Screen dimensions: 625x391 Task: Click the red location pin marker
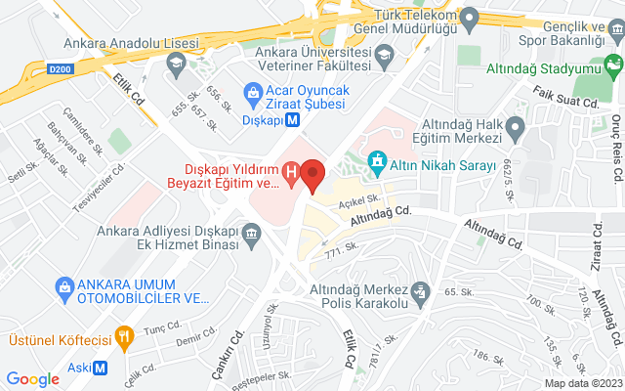click(312, 174)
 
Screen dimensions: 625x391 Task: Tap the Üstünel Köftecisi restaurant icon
click(123, 339)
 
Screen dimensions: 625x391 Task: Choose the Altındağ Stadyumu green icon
click(613, 66)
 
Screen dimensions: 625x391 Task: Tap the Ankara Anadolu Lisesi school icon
click(177, 65)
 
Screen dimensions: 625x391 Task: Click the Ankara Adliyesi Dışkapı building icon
click(251, 235)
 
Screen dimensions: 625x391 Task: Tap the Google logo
click(33, 379)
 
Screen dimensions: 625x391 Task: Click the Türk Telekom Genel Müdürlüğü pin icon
click(468, 17)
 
